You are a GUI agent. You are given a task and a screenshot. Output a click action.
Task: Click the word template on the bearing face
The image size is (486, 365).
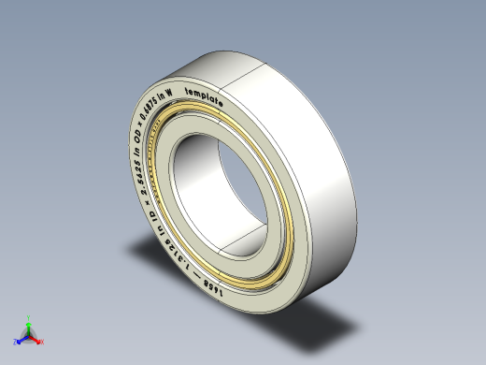pos(203,96)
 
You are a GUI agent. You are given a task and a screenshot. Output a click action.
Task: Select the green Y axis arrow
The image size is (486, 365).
pos(28,328)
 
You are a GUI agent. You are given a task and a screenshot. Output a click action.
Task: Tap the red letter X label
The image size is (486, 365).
pos(42,343)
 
